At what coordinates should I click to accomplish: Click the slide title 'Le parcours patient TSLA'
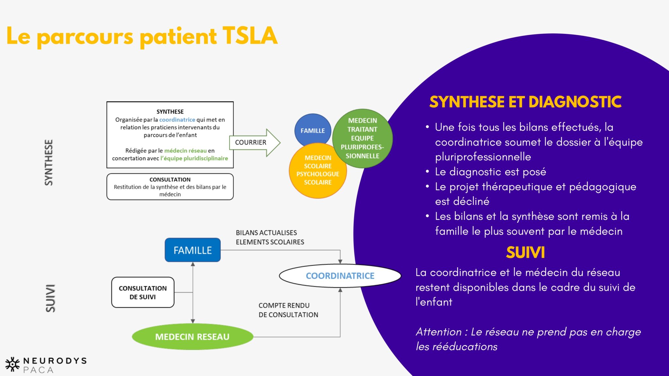point(142,36)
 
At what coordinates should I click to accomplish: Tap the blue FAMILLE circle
point(313,131)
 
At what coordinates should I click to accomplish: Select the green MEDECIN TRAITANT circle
point(362,138)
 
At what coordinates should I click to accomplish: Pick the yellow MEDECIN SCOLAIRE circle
point(318,170)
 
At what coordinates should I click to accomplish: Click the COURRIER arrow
point(254,143)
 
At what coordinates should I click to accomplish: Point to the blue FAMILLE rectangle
point(192,250)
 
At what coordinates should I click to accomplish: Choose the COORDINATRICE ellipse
point(340,276)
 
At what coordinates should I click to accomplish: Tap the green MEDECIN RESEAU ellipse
point(192,337)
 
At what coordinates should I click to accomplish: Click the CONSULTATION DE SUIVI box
point(143,292)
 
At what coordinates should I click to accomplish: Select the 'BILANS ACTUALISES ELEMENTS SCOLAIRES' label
point(270,237)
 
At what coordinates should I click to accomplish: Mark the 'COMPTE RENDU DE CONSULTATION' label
point(288,310)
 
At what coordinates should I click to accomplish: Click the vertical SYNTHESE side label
point(49,163)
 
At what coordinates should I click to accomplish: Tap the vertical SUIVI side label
point(50,298)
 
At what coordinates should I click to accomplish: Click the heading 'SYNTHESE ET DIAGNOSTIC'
point(525,102)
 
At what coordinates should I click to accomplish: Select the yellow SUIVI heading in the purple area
point(525,252)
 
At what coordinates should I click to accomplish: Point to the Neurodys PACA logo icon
point(13,364)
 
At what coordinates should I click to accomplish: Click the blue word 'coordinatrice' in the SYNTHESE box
point(177,120)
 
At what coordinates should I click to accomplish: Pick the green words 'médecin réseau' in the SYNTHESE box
point(185,150)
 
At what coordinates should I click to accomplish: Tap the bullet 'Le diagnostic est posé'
point(490,172)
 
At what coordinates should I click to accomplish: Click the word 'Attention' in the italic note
point(438,332)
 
